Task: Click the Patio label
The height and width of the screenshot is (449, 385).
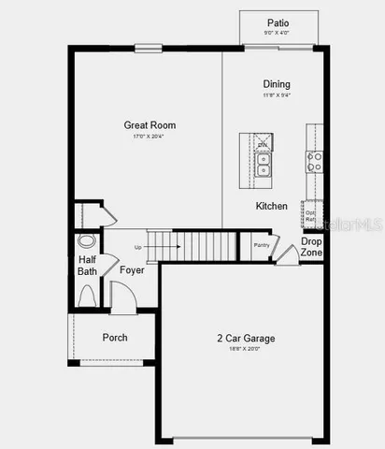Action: point(278,22)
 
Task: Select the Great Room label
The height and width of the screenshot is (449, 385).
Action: point(150,124)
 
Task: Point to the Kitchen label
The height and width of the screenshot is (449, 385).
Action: point(272,206)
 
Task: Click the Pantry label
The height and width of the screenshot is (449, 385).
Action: point(261,245)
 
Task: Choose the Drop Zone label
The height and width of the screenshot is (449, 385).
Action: point(311,247)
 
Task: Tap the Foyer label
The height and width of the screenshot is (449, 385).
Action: point(132,270)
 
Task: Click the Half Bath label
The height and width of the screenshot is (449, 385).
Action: point(87,266)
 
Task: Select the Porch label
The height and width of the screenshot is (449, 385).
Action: point(115,338)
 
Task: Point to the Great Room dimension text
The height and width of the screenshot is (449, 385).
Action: point(150,137)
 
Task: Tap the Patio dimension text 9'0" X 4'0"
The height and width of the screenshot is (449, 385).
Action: point(278,34)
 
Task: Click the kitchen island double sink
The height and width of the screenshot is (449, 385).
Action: point(264,164)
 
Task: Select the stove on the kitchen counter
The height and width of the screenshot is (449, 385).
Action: point(315,162)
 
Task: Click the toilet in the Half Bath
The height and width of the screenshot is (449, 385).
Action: point(87,296)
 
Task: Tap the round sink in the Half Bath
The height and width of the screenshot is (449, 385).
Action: point(87,240)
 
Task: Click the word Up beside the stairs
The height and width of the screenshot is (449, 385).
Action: point(138,247)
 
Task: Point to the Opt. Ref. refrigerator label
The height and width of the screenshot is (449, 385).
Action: point(310,216)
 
